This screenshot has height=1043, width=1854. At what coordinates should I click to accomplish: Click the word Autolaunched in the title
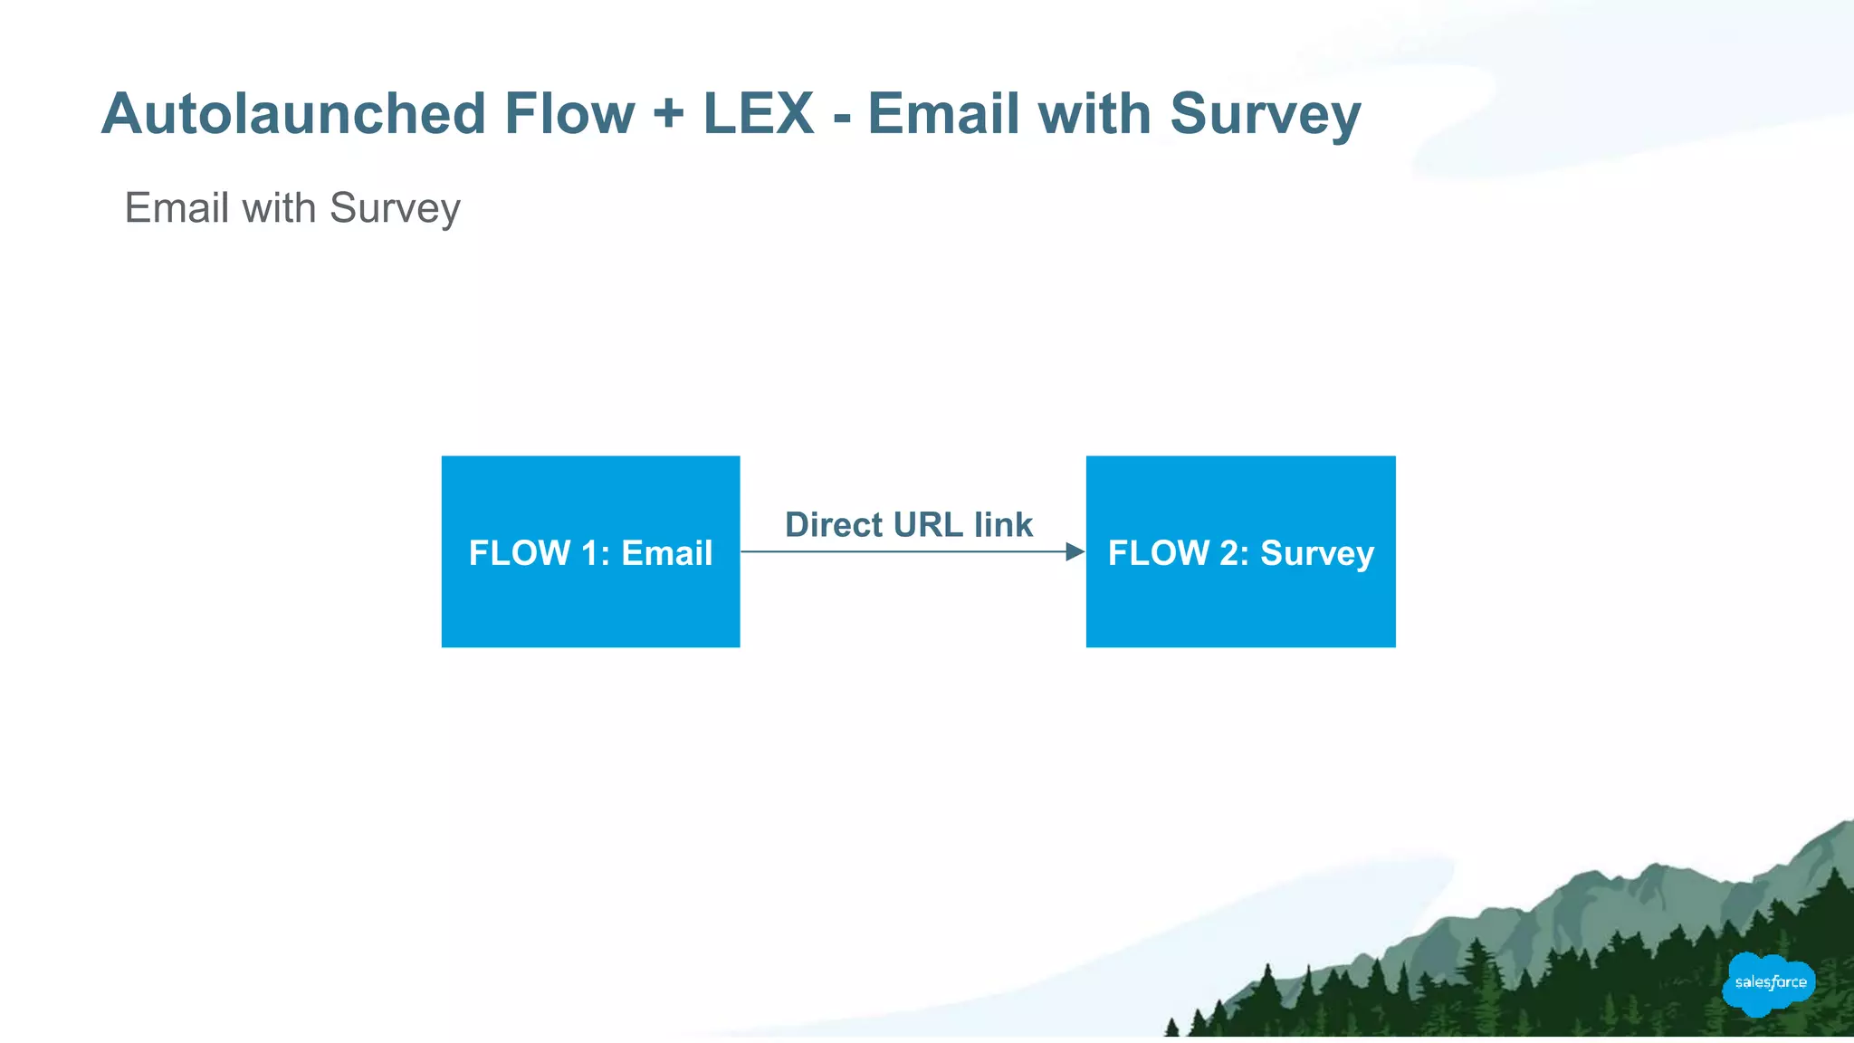(293, 115)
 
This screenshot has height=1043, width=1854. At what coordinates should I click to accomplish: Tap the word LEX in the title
(759, 115)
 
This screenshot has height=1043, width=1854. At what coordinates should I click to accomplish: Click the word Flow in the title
(569, 115)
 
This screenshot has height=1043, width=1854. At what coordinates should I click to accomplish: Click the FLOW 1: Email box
(590, 598)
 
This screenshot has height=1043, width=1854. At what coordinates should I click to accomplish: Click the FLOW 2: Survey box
(1240, 598)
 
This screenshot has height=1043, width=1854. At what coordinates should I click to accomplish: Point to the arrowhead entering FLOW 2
(1075, 551)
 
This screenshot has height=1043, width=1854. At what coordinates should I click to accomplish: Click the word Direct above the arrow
(834, 525)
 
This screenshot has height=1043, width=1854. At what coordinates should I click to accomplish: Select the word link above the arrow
(1003, 525)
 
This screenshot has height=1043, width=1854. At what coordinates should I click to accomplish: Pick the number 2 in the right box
(1229, 553)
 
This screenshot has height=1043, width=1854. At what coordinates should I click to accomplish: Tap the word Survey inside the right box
(1317, 554)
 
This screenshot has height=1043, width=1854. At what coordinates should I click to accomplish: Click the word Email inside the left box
(667, 553)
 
